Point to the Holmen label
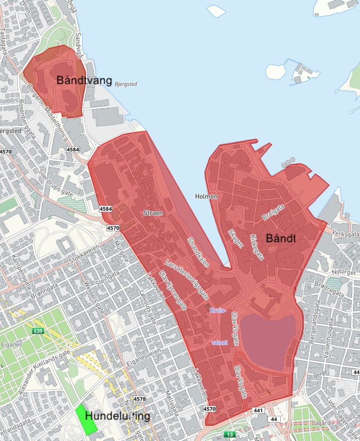(206, 196)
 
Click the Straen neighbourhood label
(153, 212)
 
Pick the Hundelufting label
(118, 416)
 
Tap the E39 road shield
(38, 332)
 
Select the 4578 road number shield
(139, 399)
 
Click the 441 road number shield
(258, 410)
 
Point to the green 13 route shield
(230, 434)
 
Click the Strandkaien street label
(198, 252)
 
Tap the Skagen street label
(236, 238)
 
